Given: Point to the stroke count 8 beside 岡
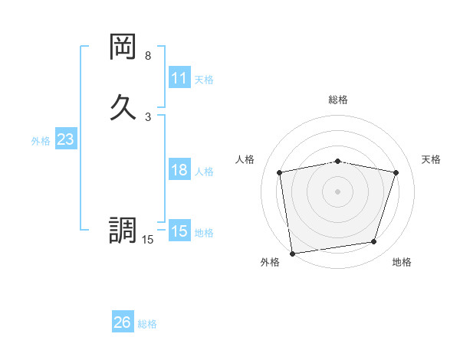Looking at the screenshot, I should point(148,56).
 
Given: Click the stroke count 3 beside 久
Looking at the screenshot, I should point(148,116).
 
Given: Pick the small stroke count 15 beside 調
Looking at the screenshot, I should point(148,240).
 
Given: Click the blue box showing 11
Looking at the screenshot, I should point(179,78).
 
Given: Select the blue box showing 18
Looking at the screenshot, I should point(179,170).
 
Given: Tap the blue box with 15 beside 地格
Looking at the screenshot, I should point(179,231).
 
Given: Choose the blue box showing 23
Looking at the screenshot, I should point(65,139).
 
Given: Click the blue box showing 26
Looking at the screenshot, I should point(123,322).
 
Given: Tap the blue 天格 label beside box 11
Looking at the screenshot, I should point(204,80).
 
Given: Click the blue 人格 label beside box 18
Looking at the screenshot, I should point(204,172).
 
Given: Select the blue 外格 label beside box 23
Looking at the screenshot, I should point(41,141).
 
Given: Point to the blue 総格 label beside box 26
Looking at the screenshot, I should point(147,324).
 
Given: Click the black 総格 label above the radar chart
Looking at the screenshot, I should point(338,100).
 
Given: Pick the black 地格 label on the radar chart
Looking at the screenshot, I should point(402,262).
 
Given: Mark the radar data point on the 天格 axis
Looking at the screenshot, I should point(396,172).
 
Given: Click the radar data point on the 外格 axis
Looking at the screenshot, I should point(291,253).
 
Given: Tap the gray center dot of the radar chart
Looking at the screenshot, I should point(338,191).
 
